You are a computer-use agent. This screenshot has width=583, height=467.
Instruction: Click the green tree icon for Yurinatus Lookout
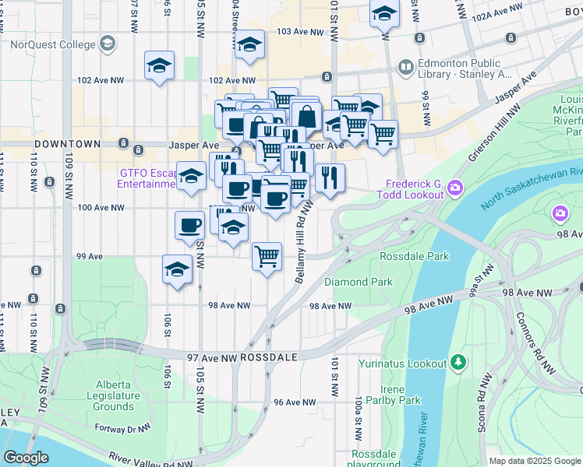tap(458, 363)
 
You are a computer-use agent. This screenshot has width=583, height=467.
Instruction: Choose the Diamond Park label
tap(359, 282)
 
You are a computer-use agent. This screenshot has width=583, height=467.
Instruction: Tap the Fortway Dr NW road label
tap(104, 428)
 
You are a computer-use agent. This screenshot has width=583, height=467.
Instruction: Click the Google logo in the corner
tap(26, 458)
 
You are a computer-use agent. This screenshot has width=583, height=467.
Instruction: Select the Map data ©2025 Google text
tap(534, 461)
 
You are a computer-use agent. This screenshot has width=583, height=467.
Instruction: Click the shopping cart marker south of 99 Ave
tap(267, 256)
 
